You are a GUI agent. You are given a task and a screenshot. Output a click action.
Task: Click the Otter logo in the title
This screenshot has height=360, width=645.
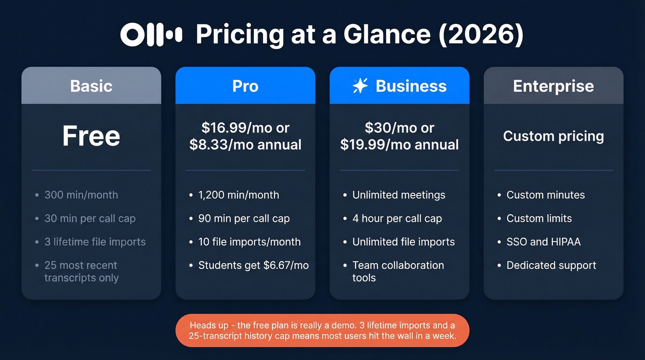(151, 35)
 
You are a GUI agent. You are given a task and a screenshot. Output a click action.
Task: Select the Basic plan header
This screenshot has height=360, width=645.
(91, 86)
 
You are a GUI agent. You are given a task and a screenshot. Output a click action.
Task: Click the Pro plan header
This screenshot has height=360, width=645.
(245, 86)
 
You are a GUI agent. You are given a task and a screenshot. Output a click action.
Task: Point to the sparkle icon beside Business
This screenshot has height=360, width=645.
(360, 86)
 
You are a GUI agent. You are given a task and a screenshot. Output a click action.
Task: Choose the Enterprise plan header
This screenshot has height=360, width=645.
(553, 86)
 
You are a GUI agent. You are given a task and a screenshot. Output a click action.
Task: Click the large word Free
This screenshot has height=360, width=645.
(91, 136)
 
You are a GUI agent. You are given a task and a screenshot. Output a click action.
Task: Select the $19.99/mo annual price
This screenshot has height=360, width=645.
(399, 145)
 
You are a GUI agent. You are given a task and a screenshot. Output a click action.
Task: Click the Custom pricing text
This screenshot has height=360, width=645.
(553, 136)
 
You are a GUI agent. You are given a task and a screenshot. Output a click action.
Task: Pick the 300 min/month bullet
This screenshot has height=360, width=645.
(81, 195)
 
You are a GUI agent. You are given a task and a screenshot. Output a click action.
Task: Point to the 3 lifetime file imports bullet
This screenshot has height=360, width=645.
(95, 242)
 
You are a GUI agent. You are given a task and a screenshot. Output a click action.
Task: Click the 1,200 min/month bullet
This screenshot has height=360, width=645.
(239, 195)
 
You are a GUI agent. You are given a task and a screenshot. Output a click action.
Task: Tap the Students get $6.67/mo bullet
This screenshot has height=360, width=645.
(253, 266)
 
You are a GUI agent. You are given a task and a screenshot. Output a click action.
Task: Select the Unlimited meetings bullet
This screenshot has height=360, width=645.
(399, 195)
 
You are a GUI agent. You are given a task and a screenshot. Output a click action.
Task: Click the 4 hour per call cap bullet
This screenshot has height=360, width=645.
(397, 218)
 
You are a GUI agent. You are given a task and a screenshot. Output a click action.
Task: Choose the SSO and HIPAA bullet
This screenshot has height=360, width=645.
(544, 242)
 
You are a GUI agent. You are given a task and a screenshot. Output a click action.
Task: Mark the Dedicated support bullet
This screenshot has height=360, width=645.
(551, 266)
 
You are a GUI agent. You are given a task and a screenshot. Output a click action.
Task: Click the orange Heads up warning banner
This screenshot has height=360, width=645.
(322, 330)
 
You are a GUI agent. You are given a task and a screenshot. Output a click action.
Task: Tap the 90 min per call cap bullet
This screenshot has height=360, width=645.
(244, 218)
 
